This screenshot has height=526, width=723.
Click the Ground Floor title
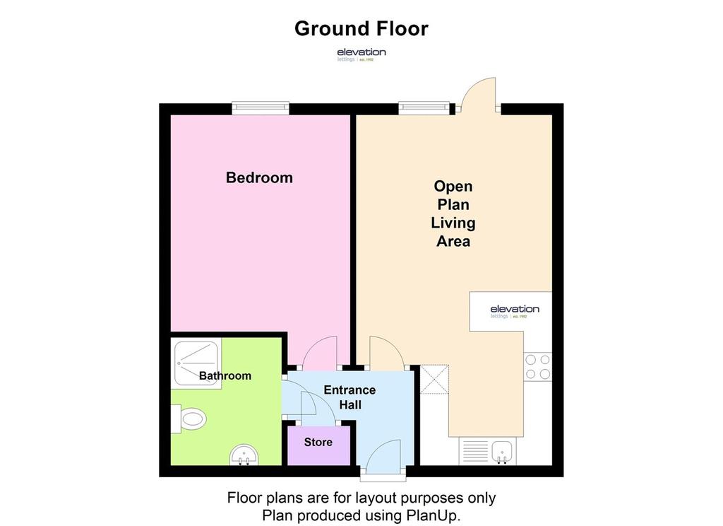tap(361, 28)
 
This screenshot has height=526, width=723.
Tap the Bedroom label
tap(259, 177)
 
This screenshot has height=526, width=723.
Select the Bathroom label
tap(225, 375)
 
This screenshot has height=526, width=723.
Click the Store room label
tap(318, 442)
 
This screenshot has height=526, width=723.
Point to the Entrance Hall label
tap(349, 397)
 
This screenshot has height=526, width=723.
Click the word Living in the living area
tap(453, 223)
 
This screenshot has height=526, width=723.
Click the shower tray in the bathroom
tap(196, 363)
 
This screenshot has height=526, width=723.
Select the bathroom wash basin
tap(244, 455)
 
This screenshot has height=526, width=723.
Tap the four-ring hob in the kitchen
tap(537, 367)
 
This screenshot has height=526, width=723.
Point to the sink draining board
tap(475, 452)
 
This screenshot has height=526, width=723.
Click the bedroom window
tap(261, 109)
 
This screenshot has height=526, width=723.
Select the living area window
tap(424, 109)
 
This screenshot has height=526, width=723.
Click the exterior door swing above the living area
tap(477, 95)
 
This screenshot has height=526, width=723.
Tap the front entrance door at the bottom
tap(383, 457)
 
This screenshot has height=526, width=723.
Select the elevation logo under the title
tap(361, 54)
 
